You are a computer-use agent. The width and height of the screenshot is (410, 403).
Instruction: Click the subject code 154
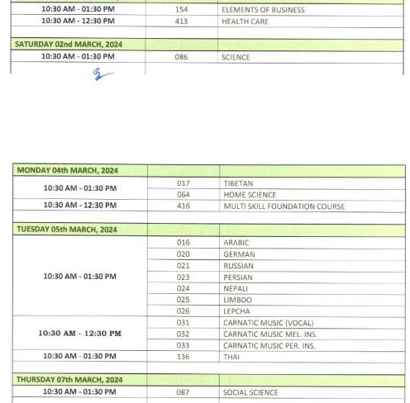coord(182,10)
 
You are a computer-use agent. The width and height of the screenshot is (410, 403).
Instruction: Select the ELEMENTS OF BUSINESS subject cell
coord(263,10)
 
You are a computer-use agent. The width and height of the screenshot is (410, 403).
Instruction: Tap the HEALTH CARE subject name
coord(245,21)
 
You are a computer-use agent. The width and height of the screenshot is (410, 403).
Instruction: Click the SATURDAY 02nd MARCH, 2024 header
coord(69,44)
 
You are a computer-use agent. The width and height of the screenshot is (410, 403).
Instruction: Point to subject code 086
coord(182,57)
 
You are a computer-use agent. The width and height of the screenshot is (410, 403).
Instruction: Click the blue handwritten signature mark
coord(102,75)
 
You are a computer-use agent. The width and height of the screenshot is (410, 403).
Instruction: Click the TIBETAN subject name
coord(238,183)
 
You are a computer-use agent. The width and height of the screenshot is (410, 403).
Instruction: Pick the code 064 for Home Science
coord(183,195)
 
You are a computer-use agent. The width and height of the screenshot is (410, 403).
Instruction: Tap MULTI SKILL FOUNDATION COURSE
coord(284,206)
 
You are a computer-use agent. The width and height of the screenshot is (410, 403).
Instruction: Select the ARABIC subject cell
coord(236,243)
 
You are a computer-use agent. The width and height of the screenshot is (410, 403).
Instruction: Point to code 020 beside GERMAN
coord(183,254)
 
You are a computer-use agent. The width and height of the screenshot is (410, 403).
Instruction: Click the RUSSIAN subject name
coord(238,266)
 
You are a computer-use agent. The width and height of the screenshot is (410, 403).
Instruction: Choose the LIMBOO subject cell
coord(237,300)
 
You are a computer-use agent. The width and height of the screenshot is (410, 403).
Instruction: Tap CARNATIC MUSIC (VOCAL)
coord(268,323)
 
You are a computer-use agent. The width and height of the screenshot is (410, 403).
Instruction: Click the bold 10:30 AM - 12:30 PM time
coord(79,334)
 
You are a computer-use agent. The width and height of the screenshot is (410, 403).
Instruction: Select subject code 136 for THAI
coord(183,357)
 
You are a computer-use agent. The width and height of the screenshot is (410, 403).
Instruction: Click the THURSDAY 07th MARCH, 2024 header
coord(69,380)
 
